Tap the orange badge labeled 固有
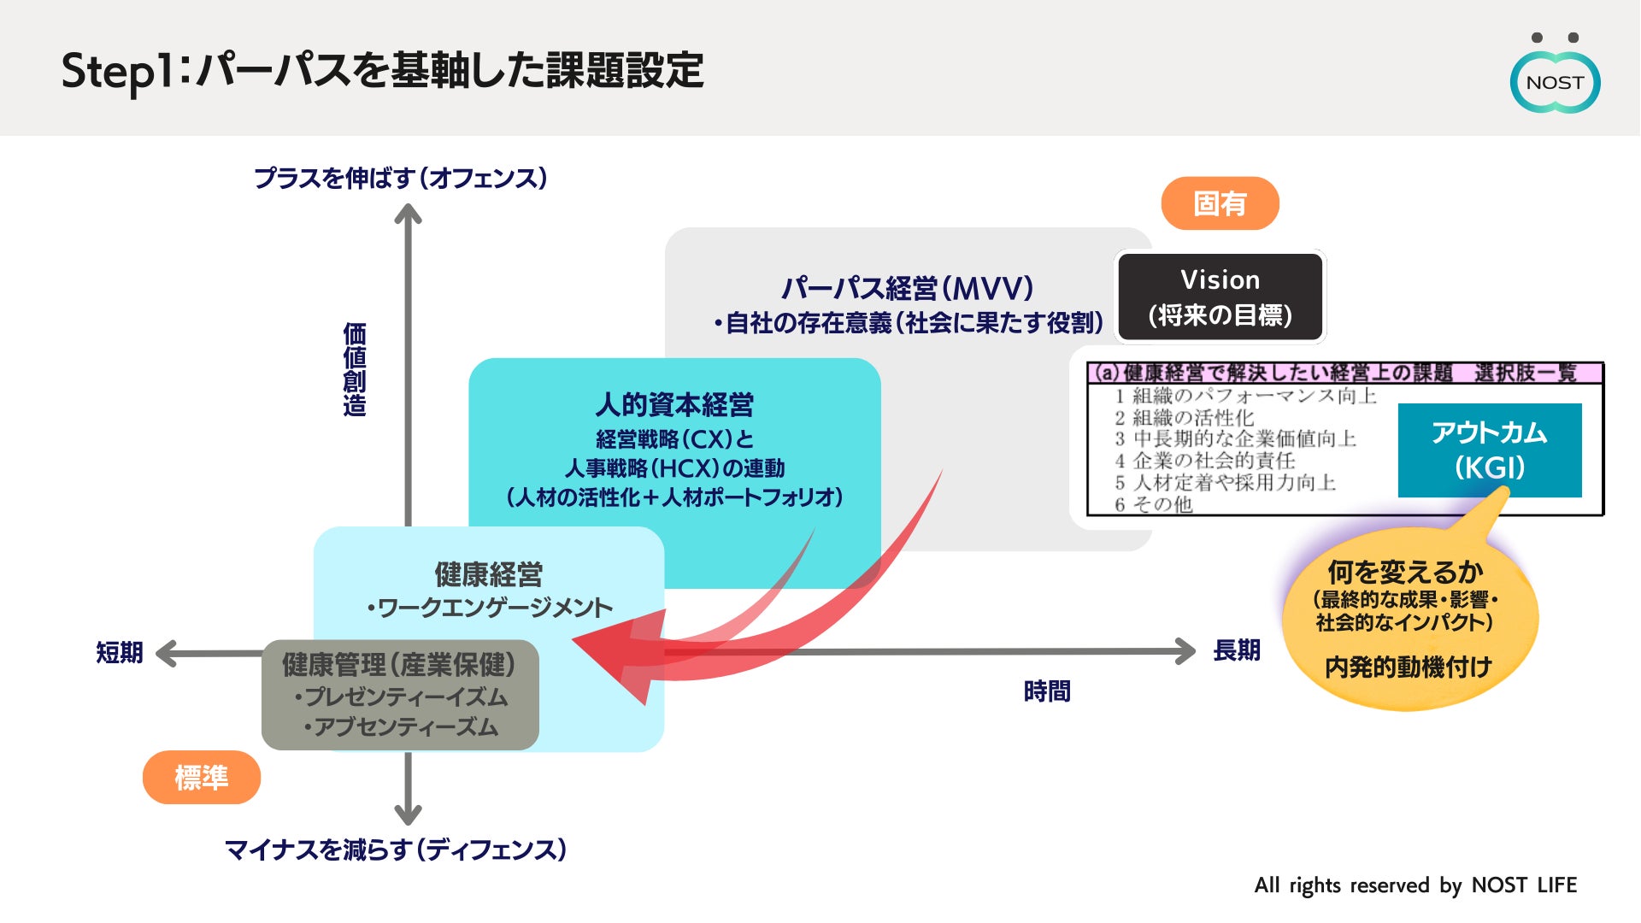pyautogui.click(x=1220, y=203)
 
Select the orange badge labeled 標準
pyautogui.click(x=201, y=778)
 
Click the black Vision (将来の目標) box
pyautogui.click(x=1220, y=297)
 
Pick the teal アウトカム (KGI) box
pyautogui.click(x=1489, y=450)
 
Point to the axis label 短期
pyautogui.click(x=119, y=653)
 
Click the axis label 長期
pyautogui.click(x=1237, y=650)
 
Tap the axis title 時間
pyautogui.click(x=1047, y=691)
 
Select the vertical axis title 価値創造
pyautogui.click(x=355, y=369)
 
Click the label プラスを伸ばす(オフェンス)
pyautogui.click(x=401, y=178)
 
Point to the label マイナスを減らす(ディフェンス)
pyautogui.click(x=396, y=850)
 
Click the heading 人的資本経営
pyautogui.click(x=674, y=404)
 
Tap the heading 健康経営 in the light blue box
pyautogui.click(x=488, y=574)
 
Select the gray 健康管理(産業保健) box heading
pyautogui.click(x=399, y=665)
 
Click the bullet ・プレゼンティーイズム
pyautogui.click(x=401, y=697)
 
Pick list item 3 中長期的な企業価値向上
pyautogui.click(x=1235, y=438)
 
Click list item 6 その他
pyautogui.click(x=1153, y=504)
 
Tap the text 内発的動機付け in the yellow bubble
pyautogui.click(x=1408, y=667)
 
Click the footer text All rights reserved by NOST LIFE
pyautogui.click(x=1415, y=885)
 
